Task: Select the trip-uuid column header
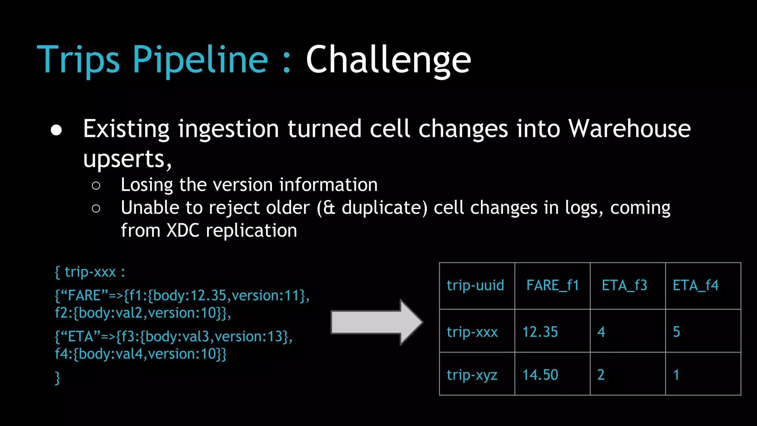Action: click(x=475, y=285)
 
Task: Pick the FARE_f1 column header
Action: click(x=552, y=285)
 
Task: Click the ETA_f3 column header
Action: click(x=624, y=285)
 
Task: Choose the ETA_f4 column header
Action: click(x=695, y=285)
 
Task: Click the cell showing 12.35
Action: click(x=540, y=332)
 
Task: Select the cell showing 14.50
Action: click(x=540, y=375)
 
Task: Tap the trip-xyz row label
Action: click(x=472, y=375)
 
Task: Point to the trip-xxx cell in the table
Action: click(x=472, y=332)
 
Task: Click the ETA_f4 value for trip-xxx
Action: click(x=676, y=332)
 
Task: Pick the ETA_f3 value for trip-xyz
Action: click(x=601, y=375)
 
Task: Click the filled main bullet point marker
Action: click(x=57, y=130)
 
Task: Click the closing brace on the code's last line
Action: click(x=57, y=378)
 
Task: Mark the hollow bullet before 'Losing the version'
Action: click(x=96, y=186)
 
